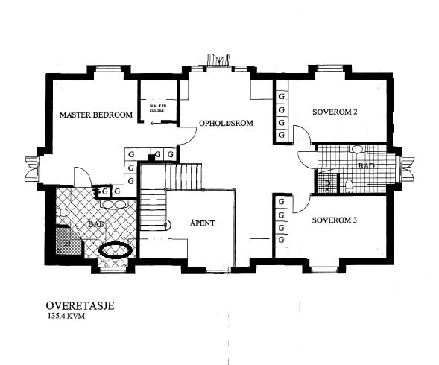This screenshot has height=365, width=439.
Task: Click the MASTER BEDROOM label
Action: pyautogui.click(x=96, y=115)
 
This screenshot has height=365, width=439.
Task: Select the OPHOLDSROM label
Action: pyautogui.click(x=225, y=123)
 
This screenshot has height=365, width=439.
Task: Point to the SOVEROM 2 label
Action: pyautogui.click(x=335, y=112)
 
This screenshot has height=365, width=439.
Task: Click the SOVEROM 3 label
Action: pyautogui.click(x=335, y=220)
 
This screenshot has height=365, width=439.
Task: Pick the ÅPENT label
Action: pyautogui.click(x=203, y=223)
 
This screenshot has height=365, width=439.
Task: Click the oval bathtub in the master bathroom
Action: pyautogui.click(x=116, y=250)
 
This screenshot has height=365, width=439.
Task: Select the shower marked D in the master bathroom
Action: pyautogui.click(x=66, y=242)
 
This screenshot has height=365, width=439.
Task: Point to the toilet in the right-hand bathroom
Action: pyautogui.click(x=348, y=184)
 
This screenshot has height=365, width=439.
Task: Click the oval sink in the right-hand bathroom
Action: pyautogui.click(x=357, y=149)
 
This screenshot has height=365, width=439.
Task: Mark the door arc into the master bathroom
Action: pyautogui.click(x=82, y=177)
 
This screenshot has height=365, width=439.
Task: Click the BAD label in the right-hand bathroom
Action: pyautogui.click(x=365, y=166)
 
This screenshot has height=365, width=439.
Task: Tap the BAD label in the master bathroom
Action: pyautogui.click(x=95, y=223)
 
